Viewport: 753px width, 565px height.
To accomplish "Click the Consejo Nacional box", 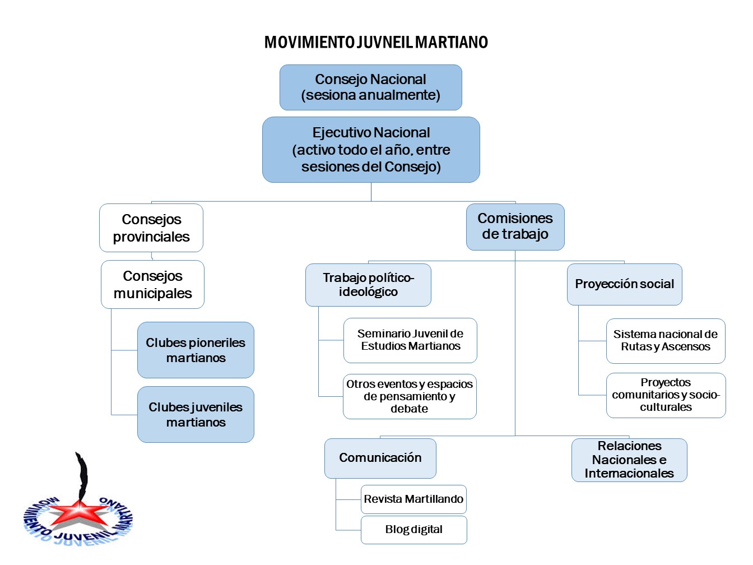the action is [370, 87].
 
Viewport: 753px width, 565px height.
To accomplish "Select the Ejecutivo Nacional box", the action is [371, 150].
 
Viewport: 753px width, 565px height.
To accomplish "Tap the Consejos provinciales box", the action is [151, 228].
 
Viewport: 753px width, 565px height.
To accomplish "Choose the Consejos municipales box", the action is [152, 284].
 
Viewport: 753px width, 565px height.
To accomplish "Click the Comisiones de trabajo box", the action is [515, 227].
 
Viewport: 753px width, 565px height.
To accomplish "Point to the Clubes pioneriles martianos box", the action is [196, 350].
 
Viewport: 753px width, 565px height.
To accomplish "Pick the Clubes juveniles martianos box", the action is [196, 414].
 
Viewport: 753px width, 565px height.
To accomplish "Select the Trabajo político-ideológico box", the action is [369, 285].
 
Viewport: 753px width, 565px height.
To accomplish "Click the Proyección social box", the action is [625, 284].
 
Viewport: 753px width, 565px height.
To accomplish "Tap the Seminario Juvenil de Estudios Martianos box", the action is [410, 340].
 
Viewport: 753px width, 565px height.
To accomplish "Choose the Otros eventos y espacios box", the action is [410, 396].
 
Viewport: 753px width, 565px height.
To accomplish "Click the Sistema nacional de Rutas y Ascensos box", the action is [666, 341].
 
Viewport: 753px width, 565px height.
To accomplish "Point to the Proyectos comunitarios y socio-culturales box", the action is [666, 395].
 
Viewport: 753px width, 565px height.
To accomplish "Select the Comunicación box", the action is [380, 459].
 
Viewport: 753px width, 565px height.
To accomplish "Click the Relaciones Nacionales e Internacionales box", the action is [630, 460].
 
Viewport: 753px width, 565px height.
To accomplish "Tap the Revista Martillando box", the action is [413, 499].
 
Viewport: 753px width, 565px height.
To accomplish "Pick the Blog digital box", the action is [414, 530].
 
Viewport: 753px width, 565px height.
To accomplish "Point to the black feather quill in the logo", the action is [82, 477].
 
